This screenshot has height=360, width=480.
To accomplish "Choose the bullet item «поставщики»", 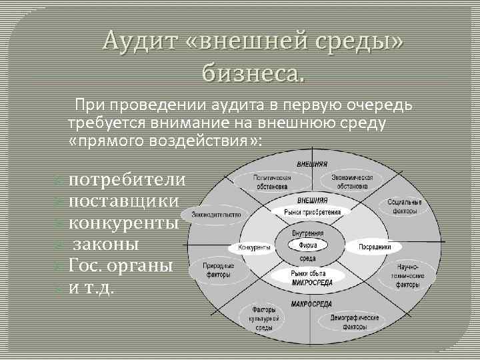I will point(124,201).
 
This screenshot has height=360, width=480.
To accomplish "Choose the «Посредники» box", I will point(379,247).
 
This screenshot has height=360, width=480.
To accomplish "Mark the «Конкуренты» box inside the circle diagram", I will point(254,247).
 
